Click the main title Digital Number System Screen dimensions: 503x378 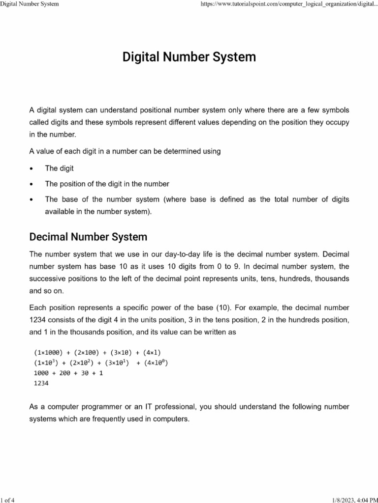coord(189,57)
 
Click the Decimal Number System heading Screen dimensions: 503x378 coord(88,237)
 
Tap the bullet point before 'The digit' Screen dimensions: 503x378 coord(31,168)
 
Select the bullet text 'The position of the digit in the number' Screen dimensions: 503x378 coord(107,184)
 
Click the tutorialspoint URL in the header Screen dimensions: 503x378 coord(286,4)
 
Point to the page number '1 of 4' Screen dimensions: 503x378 coord(8,499)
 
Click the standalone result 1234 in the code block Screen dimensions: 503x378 coord(41,384)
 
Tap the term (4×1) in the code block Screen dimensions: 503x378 coord(152,353)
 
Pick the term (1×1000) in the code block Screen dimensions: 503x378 coord(48,353)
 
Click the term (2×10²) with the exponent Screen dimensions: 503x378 coord(81,363)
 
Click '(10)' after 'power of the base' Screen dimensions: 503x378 coord(224,308)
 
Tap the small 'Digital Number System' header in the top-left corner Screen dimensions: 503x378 coord(30,4)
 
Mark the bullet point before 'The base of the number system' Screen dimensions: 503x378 coord(31,199)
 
